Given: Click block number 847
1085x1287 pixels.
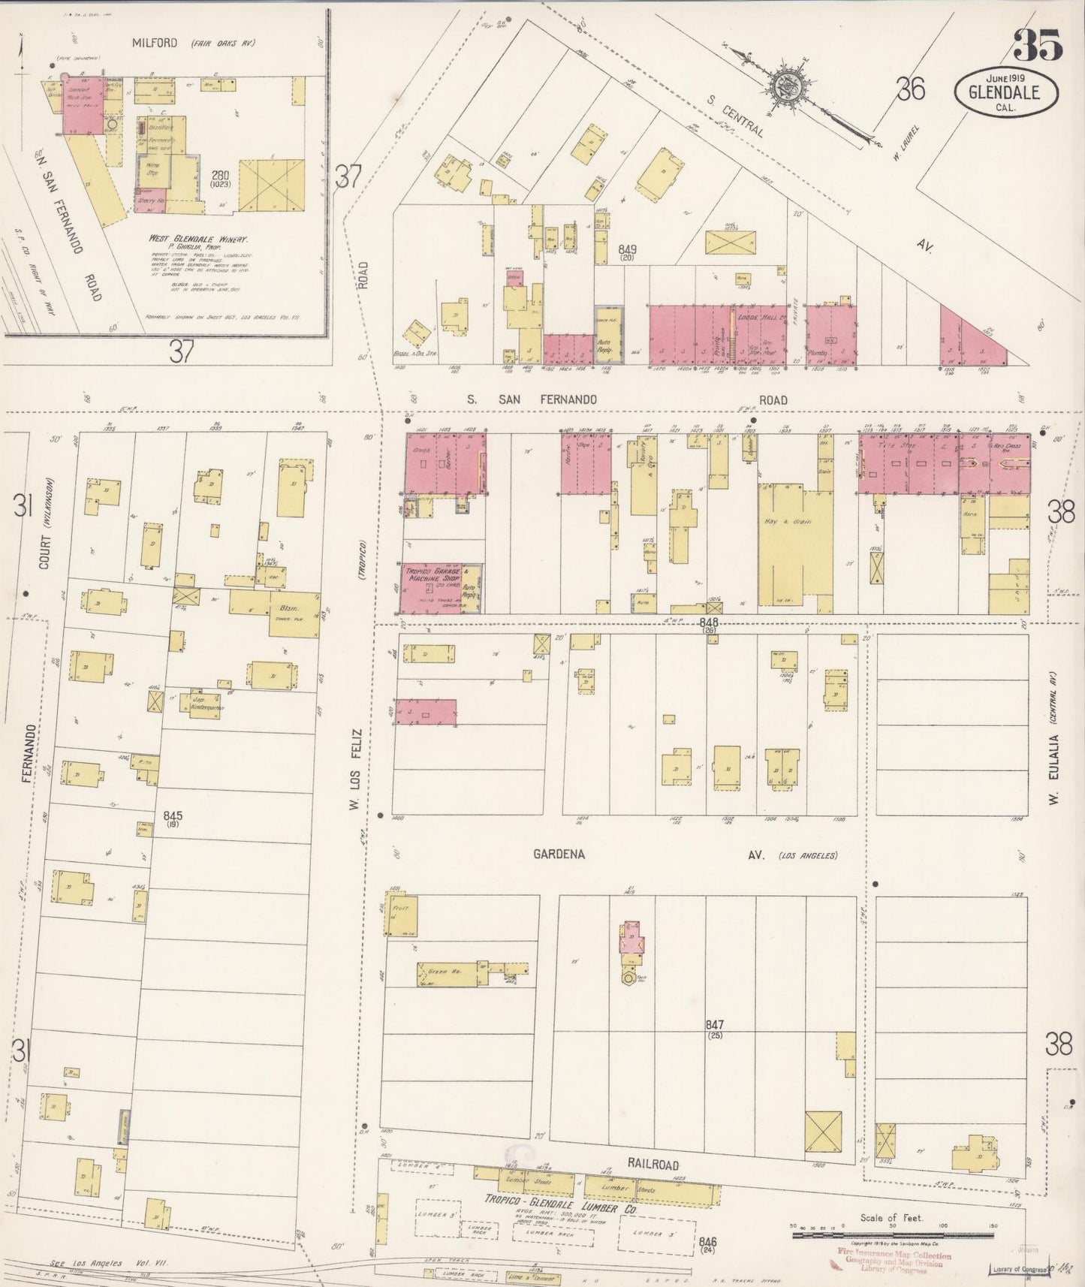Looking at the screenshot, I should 715,1025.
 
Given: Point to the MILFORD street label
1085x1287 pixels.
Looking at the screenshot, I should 155,43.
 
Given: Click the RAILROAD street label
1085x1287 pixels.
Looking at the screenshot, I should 653,1165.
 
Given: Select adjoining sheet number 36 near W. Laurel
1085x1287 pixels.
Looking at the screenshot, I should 910,90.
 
